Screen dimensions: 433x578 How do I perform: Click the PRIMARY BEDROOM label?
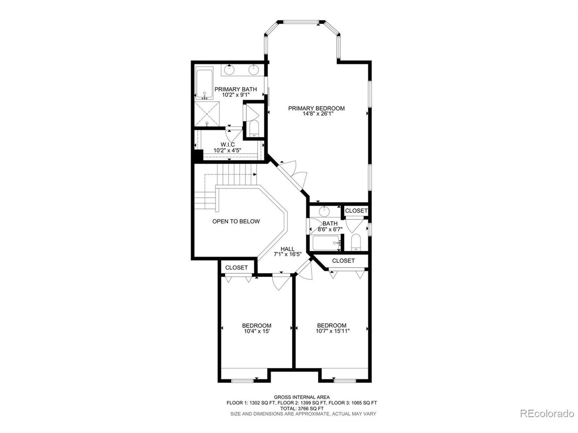pos(317,108)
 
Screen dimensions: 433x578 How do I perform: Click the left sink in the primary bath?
pos(229,70)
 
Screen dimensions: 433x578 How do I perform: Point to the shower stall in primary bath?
pos(207,114)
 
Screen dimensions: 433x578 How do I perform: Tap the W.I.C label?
pos(228,145)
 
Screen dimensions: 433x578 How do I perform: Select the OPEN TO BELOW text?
pos(236,221)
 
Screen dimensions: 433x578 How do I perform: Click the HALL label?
pos(287,249)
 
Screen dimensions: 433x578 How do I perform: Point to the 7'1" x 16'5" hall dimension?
pos(288,254)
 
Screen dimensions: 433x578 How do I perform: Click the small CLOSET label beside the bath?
pos(356,211)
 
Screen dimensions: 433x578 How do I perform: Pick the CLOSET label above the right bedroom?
pos(343,261)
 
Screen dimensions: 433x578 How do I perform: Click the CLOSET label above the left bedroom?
pos(236,267)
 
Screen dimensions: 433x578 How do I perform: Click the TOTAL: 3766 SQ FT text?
pos(302,408)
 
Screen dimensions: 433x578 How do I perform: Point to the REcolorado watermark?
pos(547,413)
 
